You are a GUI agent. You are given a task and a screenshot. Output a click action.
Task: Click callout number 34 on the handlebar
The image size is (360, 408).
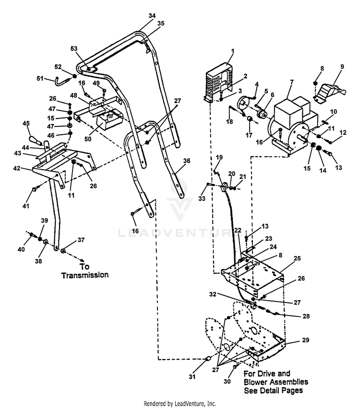152,16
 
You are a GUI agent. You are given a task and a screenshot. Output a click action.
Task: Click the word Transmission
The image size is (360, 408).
84,275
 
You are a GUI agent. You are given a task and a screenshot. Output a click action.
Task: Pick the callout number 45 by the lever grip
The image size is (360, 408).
26,124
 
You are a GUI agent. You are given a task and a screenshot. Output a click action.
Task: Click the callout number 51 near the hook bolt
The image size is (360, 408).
40,78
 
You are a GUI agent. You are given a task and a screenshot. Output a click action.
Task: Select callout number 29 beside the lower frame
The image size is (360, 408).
306,340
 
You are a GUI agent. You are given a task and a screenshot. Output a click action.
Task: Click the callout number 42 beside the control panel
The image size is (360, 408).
17,168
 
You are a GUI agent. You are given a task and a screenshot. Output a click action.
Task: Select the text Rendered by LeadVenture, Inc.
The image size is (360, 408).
180,404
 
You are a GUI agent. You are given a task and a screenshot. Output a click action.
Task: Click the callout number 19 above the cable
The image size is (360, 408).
219,157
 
